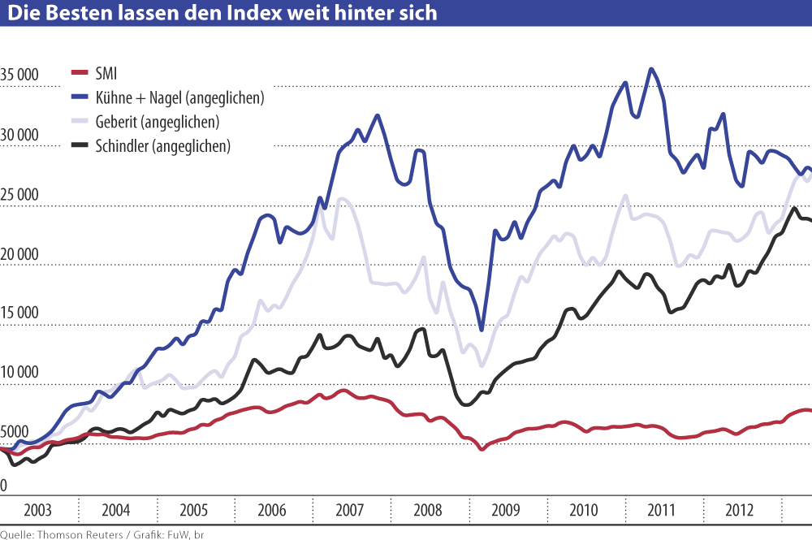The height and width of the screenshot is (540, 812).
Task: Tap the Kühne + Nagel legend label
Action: [x=179, y=98]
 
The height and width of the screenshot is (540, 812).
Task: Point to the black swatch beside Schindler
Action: [x=79, y=146]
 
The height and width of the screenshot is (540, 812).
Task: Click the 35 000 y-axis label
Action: [x=19, y=75]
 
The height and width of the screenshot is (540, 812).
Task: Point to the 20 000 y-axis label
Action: [x=19, y=253]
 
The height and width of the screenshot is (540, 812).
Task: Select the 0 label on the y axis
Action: [x=4, y=486]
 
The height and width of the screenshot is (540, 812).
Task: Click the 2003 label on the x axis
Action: [x=38, y=511]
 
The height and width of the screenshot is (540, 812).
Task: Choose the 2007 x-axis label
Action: [x=350, y=511]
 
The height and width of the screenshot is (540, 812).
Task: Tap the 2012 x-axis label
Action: [x=740, y=511]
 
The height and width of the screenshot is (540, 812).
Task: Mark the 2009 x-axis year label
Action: [x=506, y=511]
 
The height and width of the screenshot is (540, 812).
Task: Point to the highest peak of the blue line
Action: [x=651, y=69]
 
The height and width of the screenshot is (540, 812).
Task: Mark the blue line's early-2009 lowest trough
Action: [x=482, y=330]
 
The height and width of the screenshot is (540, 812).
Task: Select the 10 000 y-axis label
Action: [x=19, y=373]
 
